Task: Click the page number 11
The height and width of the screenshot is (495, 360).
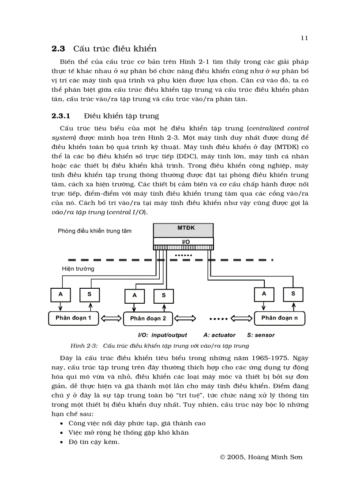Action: coord(304,38)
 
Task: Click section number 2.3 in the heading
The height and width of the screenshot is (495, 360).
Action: coord(58,49)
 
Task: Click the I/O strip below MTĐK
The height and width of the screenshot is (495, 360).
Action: coord(183,242)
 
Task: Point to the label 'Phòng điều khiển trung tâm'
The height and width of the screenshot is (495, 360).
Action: coord(94,231)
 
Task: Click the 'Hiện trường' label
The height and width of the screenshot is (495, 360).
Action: coord(78,268)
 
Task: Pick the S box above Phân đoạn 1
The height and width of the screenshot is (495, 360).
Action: coord(90,294)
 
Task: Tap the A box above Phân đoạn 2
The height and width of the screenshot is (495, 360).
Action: coord(135,295)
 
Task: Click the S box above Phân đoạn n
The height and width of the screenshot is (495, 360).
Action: coord(293,294)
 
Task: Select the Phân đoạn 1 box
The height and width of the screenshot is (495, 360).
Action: coord(73,318)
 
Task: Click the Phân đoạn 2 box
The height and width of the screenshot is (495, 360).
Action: coord(148,318)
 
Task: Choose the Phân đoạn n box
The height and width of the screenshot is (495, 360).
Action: coord(279,318)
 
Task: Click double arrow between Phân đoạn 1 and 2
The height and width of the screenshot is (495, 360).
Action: coord(111,318)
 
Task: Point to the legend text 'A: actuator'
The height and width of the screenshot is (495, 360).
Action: coord(219,335)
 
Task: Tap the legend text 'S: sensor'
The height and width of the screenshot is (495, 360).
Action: coord(260,335)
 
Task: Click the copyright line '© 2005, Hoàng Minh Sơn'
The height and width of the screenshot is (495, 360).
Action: coord(261,457)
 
